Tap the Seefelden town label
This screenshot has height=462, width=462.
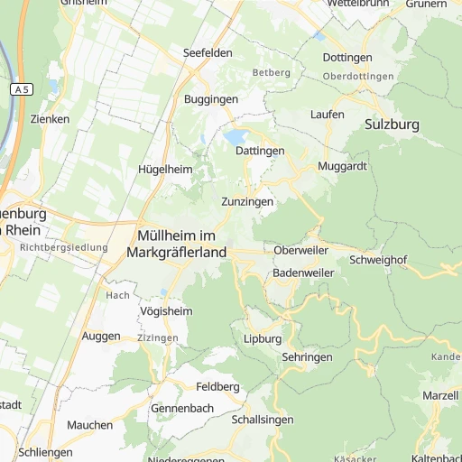pos(208,53)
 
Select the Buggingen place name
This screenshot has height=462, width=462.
pos(210,99)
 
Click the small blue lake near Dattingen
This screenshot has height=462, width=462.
pos(236,137)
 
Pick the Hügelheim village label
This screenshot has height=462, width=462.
pos(165,170)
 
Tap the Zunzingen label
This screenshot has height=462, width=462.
pos(247,202)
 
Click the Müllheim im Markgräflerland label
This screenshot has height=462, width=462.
pos(177,244)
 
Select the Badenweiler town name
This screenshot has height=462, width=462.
pos(303,273)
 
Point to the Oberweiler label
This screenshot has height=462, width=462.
pos(302,250)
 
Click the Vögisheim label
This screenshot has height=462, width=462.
pos(167,311)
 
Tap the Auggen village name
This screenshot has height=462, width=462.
pos(100,337)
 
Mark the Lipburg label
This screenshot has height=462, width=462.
pos(263,339)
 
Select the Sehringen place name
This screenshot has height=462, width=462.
pos(307,358)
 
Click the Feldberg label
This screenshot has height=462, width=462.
pos(217,386)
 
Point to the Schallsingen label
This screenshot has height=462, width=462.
pos(263,420)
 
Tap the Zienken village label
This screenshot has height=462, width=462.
pos(50,119)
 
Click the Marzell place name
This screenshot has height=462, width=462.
pos(439,396)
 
